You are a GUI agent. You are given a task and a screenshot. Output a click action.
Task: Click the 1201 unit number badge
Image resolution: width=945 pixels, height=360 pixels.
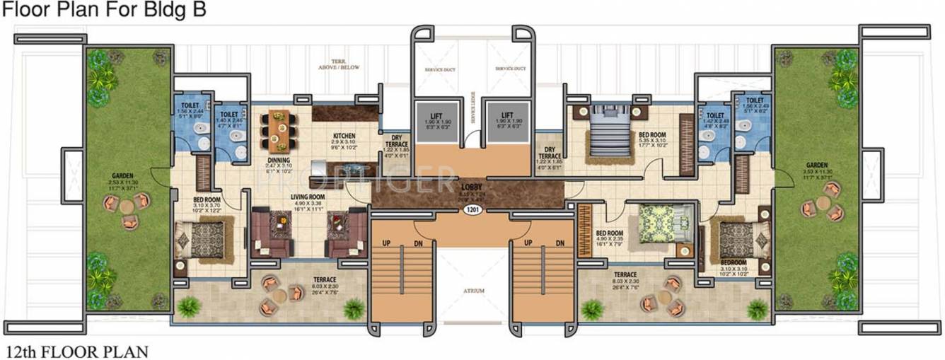coord(472,210)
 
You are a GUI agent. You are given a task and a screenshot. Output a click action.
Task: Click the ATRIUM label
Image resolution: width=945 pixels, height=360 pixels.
coord(472,289)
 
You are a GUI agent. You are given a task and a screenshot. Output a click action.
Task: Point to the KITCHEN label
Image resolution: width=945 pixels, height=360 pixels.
coord(344,136)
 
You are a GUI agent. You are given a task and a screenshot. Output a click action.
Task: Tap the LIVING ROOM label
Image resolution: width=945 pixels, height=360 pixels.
coord(307,197)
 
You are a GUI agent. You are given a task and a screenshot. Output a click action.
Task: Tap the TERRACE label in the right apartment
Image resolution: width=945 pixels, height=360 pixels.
coord(625,274)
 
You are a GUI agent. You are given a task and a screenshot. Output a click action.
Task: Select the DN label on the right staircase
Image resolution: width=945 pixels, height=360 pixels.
coord(560,243)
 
